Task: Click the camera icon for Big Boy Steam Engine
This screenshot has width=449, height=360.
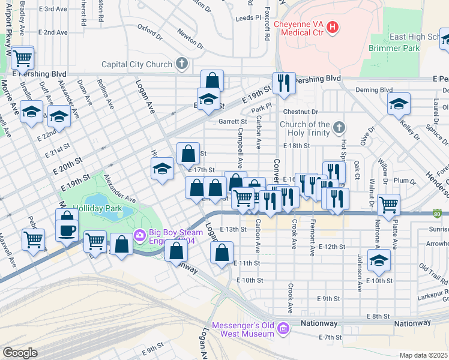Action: click(x=140, y=233)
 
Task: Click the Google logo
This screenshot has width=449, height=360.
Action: click(x=20, y=353)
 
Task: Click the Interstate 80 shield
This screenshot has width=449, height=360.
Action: click(x=438, y=213)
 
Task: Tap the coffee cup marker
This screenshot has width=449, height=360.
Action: click(x=67, y=229)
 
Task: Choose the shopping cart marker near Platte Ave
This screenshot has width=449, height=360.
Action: click(x=389, y=205)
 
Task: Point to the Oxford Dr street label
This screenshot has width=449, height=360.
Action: click(x=150, y=28)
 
